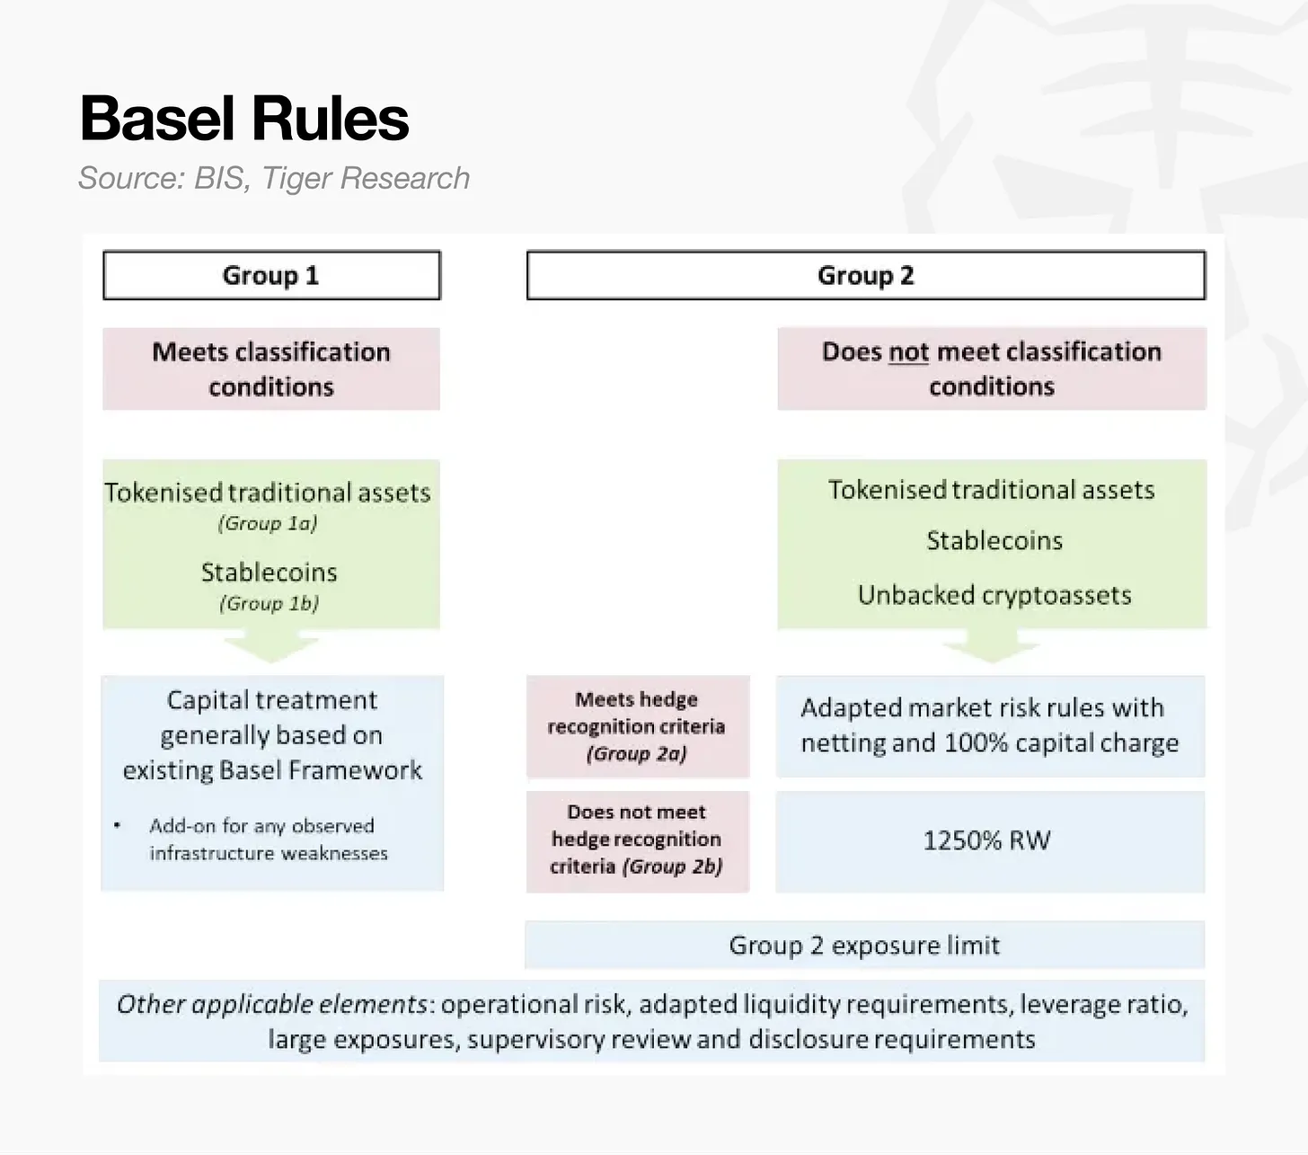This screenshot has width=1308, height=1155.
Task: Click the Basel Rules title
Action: coord(244,119)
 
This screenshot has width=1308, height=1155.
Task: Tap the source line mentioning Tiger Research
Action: coord(274,178)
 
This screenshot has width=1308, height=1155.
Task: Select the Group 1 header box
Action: coord(272,275)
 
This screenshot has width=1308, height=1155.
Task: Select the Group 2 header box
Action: coord(866,275)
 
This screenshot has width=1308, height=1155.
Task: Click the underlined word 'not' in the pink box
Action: coord(908,352)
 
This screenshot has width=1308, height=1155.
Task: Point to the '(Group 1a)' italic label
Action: coord(268,522)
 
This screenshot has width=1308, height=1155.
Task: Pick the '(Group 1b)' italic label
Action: coord(270,603)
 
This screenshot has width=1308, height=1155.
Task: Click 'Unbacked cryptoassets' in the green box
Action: coord(994,595)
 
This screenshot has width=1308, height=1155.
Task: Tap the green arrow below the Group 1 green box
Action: coord(271,647)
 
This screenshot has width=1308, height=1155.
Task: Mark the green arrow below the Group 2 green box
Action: coord(992,647)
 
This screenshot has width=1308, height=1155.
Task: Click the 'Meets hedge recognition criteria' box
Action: coord(638,727)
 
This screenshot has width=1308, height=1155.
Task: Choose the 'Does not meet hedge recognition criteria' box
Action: coord(638,841)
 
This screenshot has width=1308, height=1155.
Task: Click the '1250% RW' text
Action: coord(987,840)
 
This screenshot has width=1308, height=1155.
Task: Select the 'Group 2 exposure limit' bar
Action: coord(865,945)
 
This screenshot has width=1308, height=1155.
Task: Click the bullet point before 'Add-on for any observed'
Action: coord(117,825)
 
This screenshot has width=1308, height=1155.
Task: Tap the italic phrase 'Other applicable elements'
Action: coord(272,1005)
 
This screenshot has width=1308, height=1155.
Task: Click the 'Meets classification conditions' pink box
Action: coord(271,369)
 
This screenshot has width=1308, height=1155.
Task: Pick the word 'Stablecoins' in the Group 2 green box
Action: coord(994,540)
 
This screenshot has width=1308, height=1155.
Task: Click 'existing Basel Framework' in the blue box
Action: coord(272,770)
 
